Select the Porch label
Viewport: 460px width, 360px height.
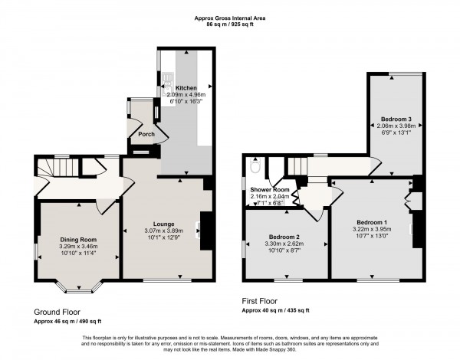[146, 135]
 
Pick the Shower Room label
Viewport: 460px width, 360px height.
[270, 189]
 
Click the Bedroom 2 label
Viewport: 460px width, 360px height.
[282, 237]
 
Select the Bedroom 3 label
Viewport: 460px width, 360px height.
[396, 119]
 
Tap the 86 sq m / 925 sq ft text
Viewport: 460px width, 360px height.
[229, 25]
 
